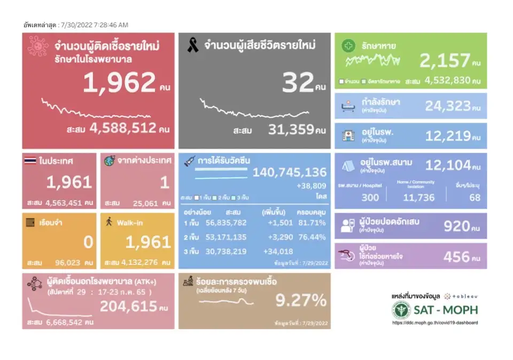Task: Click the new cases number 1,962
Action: point(119,83)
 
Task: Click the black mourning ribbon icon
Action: point(192,46)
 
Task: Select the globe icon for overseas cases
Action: point(110,160)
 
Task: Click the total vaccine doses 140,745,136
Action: point(289,172)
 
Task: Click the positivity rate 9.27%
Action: point(301,301)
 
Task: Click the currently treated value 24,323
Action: point(448,106)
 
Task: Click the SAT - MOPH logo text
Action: point(446,309)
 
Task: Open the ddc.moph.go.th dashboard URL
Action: point(435,323)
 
